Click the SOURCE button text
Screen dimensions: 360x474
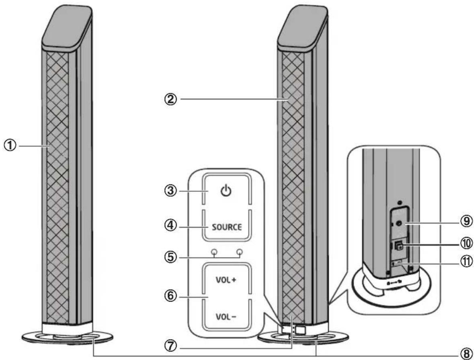point(227,226)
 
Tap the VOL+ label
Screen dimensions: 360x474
point(227,280)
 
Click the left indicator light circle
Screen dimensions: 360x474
point(214,252)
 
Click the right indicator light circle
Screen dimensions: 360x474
point(240,252)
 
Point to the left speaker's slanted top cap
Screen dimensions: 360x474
point(67,25)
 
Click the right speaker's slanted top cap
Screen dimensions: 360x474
point(300,25)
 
